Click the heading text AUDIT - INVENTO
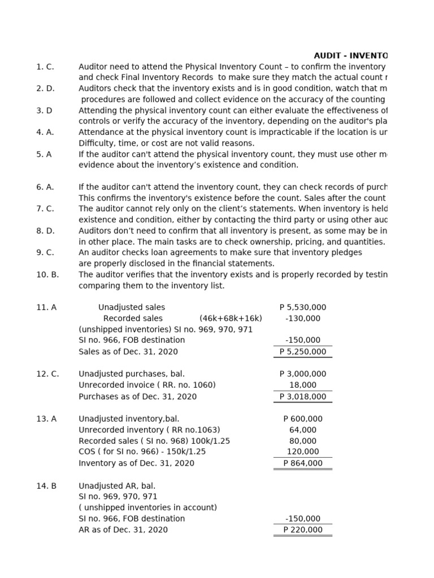point(351,55)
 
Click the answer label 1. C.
point(45,67)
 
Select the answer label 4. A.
point(45,132)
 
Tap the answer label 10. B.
point(47,274)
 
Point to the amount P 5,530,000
point(303,308)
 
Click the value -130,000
point(303,318)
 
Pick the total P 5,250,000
point(303,352)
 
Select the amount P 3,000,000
point(303,374)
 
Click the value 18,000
point(303,385)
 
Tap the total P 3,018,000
point(303,397)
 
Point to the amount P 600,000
point(303,419)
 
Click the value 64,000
point(303,430)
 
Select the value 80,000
point(303,441)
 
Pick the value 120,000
point(303,452)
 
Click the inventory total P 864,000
point(303,463)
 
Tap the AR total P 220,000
point(303,530)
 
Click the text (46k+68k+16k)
point(231,318)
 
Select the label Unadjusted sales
point(132,308)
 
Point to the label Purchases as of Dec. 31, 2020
point(138,397)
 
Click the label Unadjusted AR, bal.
point(117,485)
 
